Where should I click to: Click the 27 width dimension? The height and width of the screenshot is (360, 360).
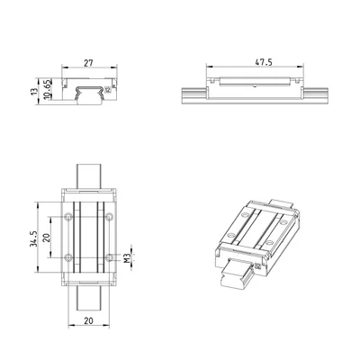point(88,63)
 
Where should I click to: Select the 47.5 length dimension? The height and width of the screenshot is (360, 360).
point(264,62)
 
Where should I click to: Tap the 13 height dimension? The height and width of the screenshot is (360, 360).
point(34,91)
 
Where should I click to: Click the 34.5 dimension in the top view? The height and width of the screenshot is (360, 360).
point(33,238)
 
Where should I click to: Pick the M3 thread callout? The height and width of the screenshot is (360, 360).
point(128,258)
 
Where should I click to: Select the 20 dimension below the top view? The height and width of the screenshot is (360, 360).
point(88,321)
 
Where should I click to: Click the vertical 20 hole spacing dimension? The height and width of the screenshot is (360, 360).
point(46,238)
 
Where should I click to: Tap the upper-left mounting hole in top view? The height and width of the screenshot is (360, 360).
point(68,217)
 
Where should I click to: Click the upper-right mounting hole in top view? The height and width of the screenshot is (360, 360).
point(110,217)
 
